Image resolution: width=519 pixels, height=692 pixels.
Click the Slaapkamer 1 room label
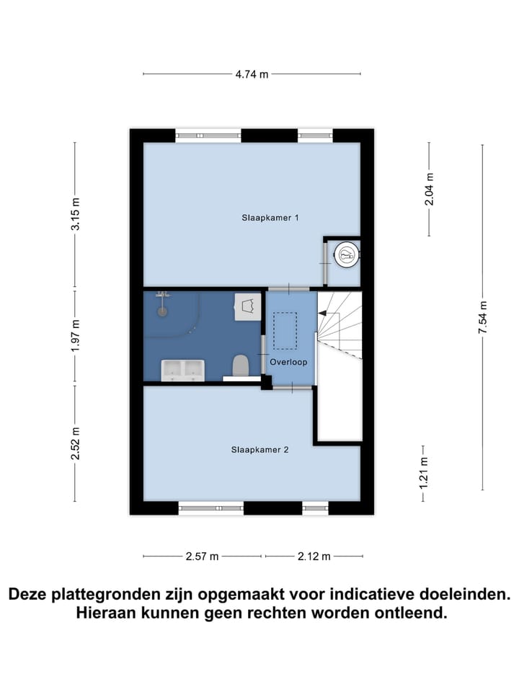270,217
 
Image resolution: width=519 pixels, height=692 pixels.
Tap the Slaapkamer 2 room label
259,449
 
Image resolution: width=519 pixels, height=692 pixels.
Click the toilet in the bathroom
241,365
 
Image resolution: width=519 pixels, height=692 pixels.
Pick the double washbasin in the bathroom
183,370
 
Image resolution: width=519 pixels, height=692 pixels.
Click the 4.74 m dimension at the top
252,74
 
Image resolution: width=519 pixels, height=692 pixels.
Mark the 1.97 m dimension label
75,337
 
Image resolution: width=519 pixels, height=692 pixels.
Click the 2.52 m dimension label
75,443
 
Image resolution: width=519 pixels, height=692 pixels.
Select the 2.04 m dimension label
430,189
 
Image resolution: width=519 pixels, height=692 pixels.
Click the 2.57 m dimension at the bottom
202,556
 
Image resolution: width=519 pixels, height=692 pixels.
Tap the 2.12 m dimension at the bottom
314,556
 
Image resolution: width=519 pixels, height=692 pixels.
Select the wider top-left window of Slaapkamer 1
208,134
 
